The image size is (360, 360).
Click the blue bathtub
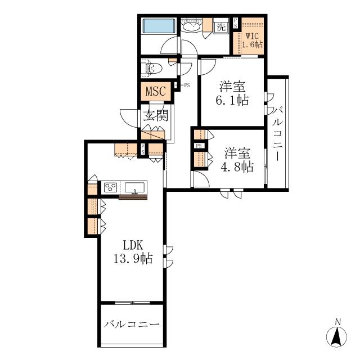[x=159, y=26]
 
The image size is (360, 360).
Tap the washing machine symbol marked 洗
[x=221, y=28]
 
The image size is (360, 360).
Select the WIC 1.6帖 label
[x=253, y=40]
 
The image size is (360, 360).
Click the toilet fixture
[x=152, y=67]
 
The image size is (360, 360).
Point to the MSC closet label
[x=156, y=91]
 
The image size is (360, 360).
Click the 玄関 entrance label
[x=156, y=115]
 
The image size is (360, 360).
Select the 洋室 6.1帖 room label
[x=232, y=93]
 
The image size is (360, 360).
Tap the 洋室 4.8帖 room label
[x=237, y=160]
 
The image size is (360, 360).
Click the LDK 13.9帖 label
[x=133, y=252]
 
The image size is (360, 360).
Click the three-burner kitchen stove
[x=110, y=187]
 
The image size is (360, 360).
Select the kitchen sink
[x=135, y=188]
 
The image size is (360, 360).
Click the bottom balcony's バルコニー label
[x=132, y=325]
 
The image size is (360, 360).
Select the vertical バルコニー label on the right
[x=277, y=133]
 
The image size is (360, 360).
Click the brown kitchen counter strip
[x=133, y=197]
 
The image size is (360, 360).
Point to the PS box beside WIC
[x=235, y=23]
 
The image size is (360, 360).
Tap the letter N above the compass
[x=337, y=322]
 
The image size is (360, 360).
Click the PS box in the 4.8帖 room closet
[x=199, y=146]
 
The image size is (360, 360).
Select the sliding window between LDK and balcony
[x=132, y=303]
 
